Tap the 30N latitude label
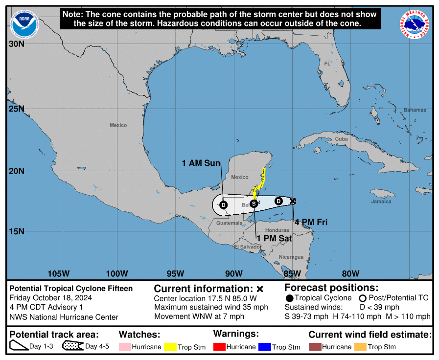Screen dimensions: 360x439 tap(16, 44)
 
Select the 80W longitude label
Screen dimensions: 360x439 tap(350, 273)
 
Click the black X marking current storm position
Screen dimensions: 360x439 tap(293, 201)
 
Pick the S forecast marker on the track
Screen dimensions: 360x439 tap(254, 203)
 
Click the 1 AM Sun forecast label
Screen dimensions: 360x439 tap(201, 163)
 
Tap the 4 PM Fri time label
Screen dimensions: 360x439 tap(311, 222)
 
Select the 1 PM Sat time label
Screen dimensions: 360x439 tap(275, 238)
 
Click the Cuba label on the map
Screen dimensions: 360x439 tap(341, 139)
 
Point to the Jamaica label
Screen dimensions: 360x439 tap(381, 202)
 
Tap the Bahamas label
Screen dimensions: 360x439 tap(415, 110)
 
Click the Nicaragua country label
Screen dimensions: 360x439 tap(291, 257)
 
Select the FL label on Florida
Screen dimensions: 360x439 tap(327, 64)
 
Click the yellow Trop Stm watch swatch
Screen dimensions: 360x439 tap(170, 347)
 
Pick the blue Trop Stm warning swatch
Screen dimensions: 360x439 tap(265, 347)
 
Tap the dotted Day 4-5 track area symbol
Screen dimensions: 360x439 tap(72, 346)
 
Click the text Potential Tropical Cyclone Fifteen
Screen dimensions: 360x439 tap(71, 289)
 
